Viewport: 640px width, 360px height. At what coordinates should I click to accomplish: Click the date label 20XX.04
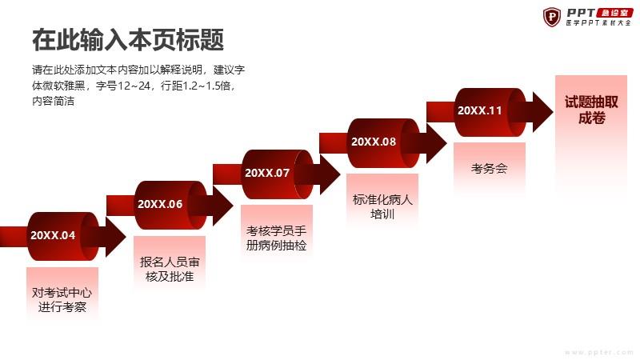[53, 235]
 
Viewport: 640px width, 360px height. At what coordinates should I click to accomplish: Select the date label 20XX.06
[160, 204]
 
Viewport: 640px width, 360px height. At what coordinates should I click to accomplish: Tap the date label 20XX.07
[267, 173]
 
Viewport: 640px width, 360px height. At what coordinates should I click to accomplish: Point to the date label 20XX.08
[374, 142]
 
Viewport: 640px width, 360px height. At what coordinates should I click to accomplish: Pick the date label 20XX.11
[479, 110]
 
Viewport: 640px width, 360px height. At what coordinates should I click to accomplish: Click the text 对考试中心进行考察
[62, 299]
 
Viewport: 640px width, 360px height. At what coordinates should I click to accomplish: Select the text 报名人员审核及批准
[170, 269]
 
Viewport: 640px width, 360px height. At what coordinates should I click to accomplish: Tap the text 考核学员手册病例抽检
[276, 238]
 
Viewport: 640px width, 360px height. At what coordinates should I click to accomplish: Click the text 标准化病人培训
[382, 206]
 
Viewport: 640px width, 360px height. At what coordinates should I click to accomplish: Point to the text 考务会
[489, 168]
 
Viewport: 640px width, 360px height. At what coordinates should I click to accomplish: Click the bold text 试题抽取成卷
[591, 110]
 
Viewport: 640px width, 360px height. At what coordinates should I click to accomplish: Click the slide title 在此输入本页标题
[128, 39]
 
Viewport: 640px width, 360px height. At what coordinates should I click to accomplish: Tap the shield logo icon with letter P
[552, 17]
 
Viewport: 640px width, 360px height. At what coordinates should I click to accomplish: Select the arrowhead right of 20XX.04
[116, 237]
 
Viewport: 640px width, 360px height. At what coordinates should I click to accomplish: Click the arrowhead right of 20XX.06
[223, 206]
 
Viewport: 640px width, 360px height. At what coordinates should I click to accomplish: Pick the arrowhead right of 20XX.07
[330, 174]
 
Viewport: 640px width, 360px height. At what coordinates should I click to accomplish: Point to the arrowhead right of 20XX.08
[436, 143]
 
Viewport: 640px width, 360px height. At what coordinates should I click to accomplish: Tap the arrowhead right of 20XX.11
[543, 112]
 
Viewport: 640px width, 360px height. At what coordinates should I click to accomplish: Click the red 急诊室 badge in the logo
[615, 13]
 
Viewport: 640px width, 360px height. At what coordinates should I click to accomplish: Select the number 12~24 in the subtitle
[134, 86]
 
